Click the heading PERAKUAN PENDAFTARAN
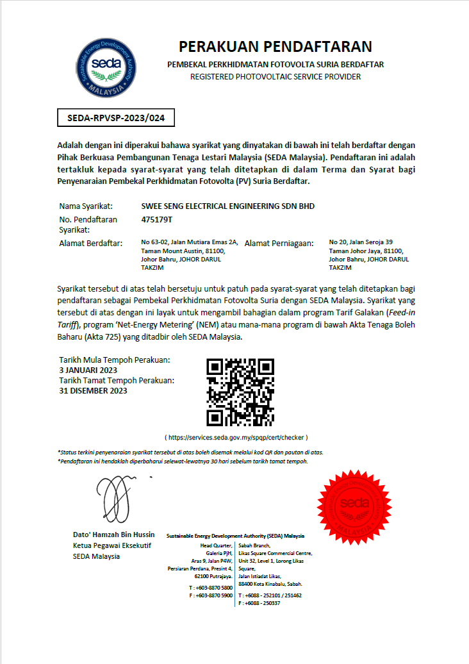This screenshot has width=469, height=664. (275, 47)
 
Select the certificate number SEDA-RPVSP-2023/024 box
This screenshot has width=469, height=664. (116, 118)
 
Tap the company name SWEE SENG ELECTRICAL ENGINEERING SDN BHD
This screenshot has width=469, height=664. (227, 206)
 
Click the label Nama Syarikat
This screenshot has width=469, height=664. (86, 206)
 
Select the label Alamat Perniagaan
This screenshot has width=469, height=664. (279, 243)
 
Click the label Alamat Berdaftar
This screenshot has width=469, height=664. (90, 243)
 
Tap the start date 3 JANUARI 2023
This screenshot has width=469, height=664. (88, 370)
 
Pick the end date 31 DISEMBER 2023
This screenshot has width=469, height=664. (93, 390)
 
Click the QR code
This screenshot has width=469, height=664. (240, 392)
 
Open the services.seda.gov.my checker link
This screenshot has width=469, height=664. (236, 437)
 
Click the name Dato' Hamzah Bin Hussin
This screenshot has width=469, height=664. (113, 535)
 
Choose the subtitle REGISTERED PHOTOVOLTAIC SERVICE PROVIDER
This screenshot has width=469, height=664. (276, 77)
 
